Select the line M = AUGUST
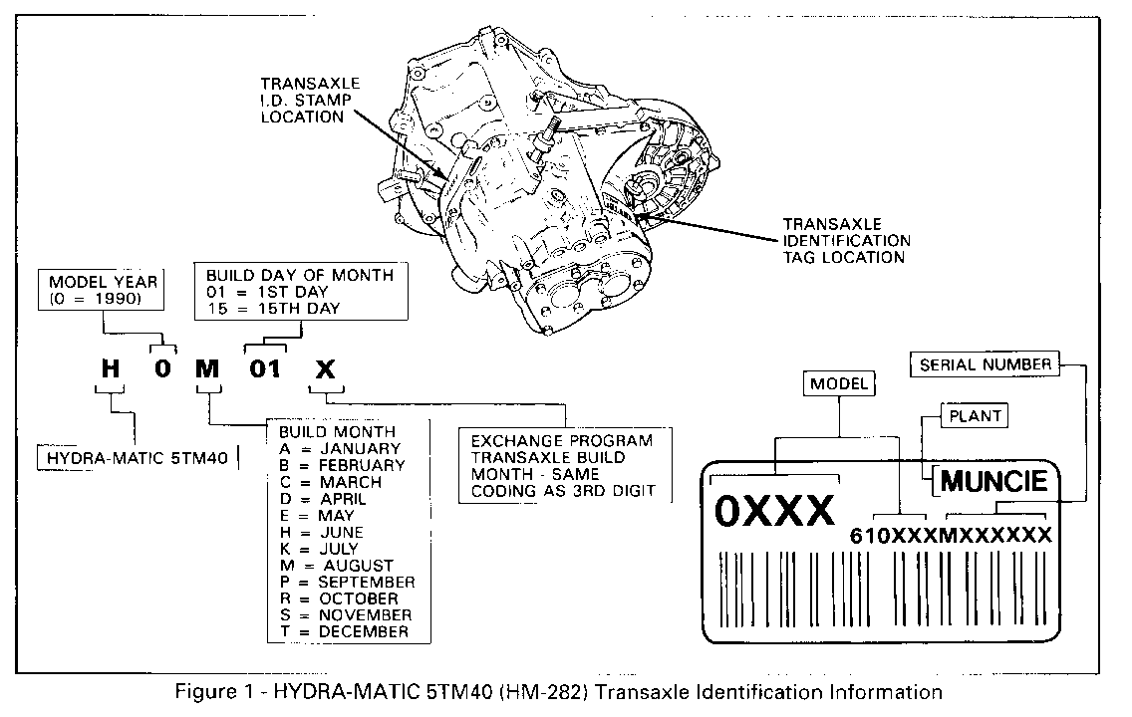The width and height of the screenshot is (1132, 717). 337,565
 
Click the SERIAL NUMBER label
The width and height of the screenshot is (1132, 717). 985,364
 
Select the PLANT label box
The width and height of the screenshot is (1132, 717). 975,416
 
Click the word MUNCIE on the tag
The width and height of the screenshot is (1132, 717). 993,482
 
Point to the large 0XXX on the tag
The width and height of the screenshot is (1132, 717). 775,511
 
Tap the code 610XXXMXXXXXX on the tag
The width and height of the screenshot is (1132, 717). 950,536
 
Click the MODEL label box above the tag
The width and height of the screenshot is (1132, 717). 838,383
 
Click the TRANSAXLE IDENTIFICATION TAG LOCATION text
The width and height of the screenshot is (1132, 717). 846,240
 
